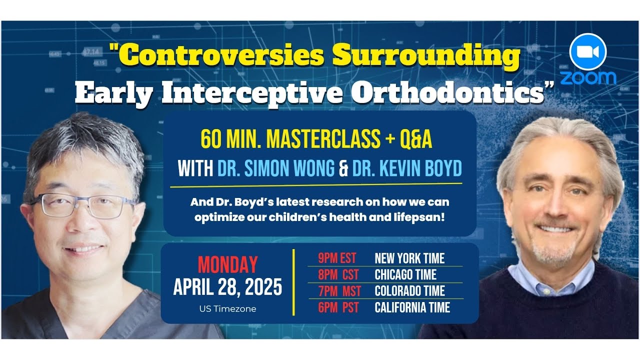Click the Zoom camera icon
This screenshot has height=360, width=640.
pyautogui.click(x=588, y=52)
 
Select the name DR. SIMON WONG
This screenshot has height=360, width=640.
pyautogui.click(x=276, y=169)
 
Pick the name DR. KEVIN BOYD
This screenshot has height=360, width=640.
pyautogui.click(x=407, y=169)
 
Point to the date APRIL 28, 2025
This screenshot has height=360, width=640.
pyautogui.click(x=227, y=287)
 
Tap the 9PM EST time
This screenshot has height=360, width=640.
pyautogui.click(x=337, y=258)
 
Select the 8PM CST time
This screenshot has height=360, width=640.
pyautogui.click(x=338, y=275)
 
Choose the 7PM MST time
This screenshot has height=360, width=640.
pyautogui.click(x=339, y=291)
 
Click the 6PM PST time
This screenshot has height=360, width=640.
pyautogui.click(x=338, y=307)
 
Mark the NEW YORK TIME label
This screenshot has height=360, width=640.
pyautogui.click(x=409, y=258)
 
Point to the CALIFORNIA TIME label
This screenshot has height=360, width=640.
pyautogui.click(x=412, y=307)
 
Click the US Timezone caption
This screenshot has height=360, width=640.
pyautogui.click(x=227, y=309)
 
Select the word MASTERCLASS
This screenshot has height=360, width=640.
pyautogui.click(x=323, y=140)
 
